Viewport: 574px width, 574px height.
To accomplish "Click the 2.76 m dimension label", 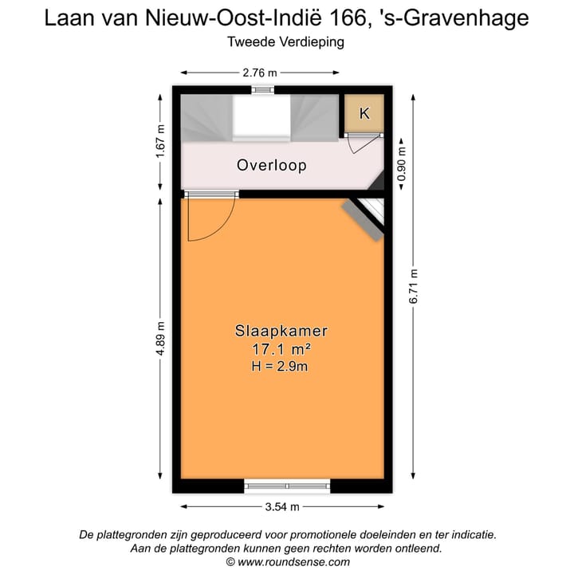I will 260,73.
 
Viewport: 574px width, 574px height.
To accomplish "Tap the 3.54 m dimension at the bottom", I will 282,507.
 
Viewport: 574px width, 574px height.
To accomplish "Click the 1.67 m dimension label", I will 161,140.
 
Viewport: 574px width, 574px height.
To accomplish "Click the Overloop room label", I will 272,166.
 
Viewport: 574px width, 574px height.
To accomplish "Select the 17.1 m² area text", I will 281,348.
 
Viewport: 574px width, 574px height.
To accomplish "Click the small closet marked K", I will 364,114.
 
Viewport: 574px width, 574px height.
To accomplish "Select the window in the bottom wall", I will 287,486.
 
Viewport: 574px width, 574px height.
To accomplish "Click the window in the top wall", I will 261,90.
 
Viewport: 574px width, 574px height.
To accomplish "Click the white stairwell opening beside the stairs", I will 261,118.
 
